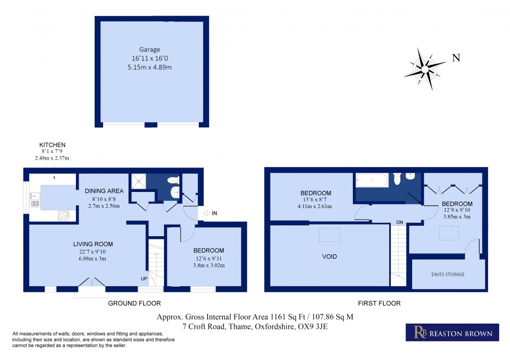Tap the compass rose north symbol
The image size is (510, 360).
pyautogui.click(x=425, y=68)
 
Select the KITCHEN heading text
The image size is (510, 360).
pyautogui.click(x=53, y=145)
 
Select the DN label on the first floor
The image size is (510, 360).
pyautogui.click(x=399, y=222)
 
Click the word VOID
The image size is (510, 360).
pyautogui.click(x=329, y=256)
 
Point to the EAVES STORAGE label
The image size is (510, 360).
pyautogui.click(x=447, y=274)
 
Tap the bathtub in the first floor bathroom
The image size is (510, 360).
pyautogui.click(x=371, y=181)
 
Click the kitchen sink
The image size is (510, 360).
pyautogui.click(x=35, y=198)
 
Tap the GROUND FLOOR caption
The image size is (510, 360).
pyautogui.click(x=134, y=303)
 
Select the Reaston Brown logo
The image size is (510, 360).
pyautogui.click(x=449, y=333)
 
